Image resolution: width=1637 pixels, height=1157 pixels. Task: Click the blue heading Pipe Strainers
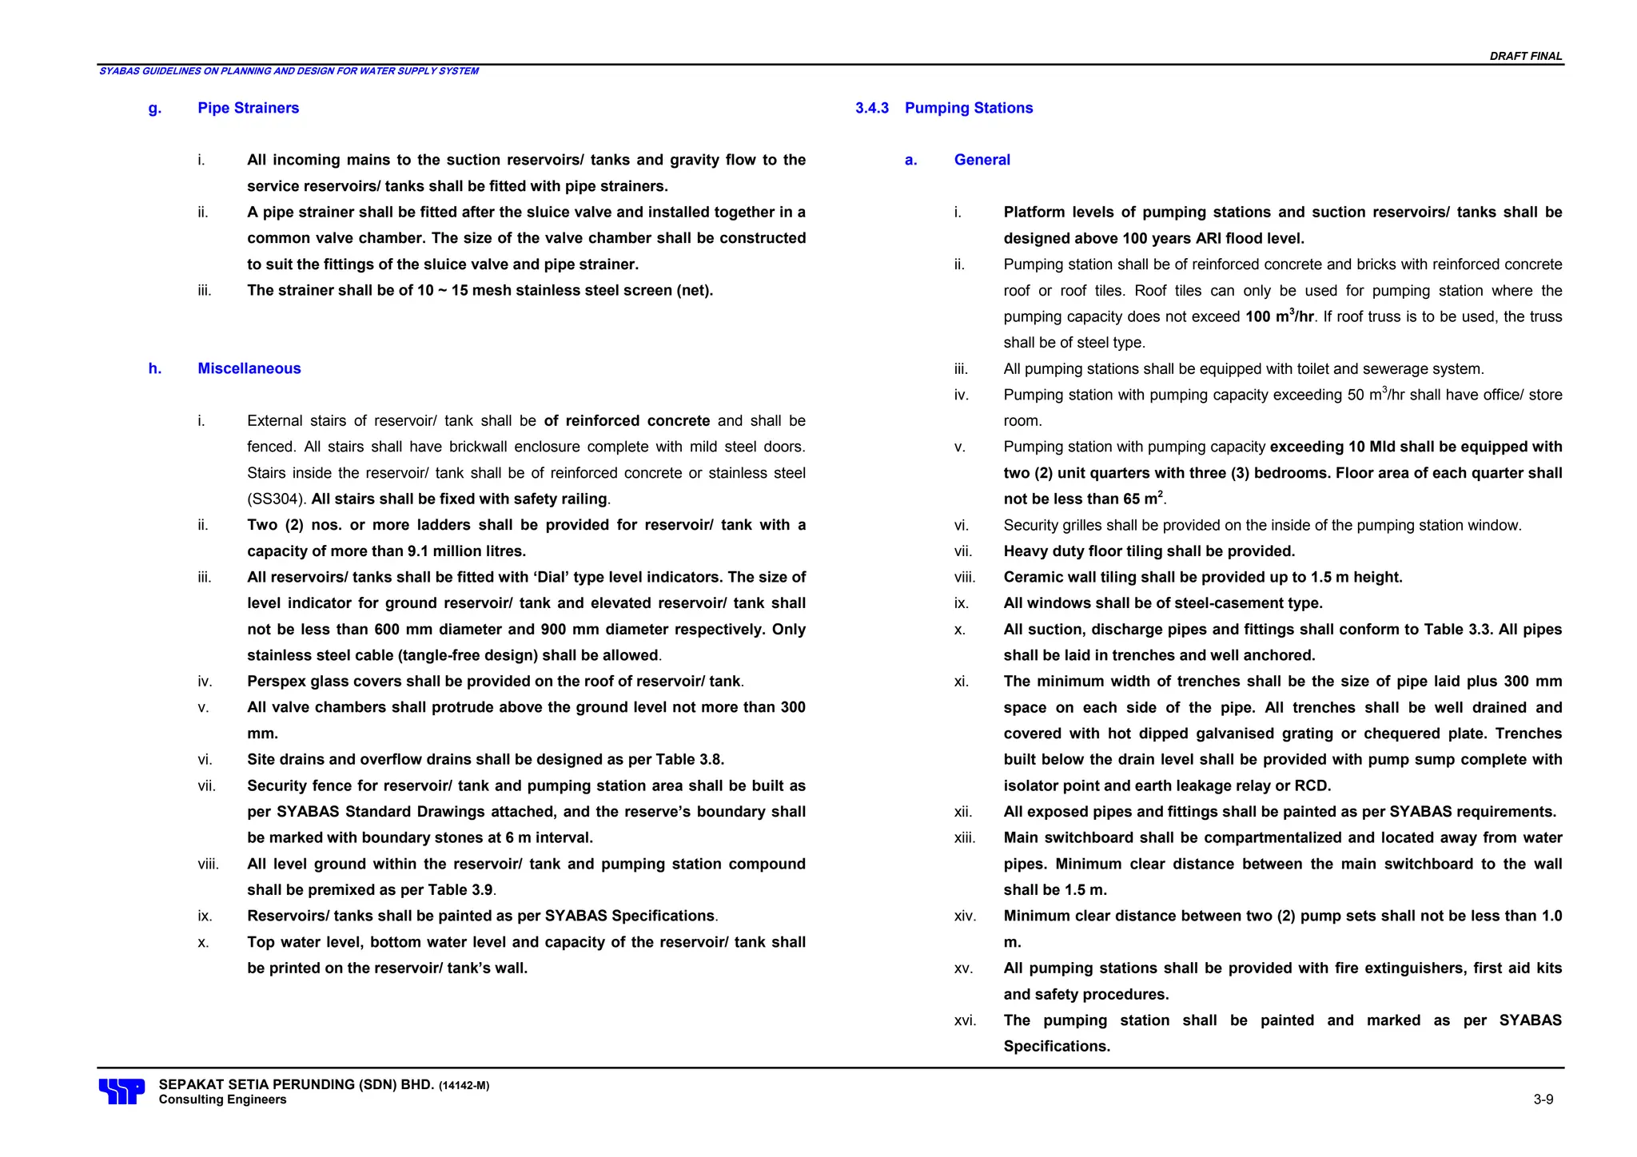pyautogui.click(x=248, y=108)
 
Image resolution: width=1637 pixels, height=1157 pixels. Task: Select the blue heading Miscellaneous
pyautogui.click(x=249, y=368)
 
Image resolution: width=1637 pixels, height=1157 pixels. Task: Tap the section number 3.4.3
pyautogui.click(x=871, y=108)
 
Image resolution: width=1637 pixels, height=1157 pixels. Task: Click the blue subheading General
pyautogui.click(x=982, y=160)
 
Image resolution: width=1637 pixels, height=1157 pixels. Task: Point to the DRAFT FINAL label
pyautogui.click(x=1525, y=56)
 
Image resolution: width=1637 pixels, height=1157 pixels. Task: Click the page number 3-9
pyautogui.click(x=1543, y=1099)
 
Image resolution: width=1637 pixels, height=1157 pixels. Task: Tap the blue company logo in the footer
pyautogui.click(x=121, y=1091)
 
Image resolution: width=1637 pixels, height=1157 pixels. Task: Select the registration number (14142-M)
pyautogui.click(x=464, y=1086)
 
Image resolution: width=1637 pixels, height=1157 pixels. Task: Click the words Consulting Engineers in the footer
pyautogui.click(x=222, y=1100)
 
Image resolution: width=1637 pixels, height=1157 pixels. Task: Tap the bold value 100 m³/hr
pyautogui.click(x=1279, y=316)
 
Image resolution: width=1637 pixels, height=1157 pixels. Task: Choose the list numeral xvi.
pyautogui.click(x=965, y=1020)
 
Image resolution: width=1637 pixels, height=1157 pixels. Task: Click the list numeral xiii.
pyautogui.click(x=965, y=838)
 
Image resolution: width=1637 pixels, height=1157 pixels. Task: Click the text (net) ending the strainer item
pyautogui.click(x=694, y=291)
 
